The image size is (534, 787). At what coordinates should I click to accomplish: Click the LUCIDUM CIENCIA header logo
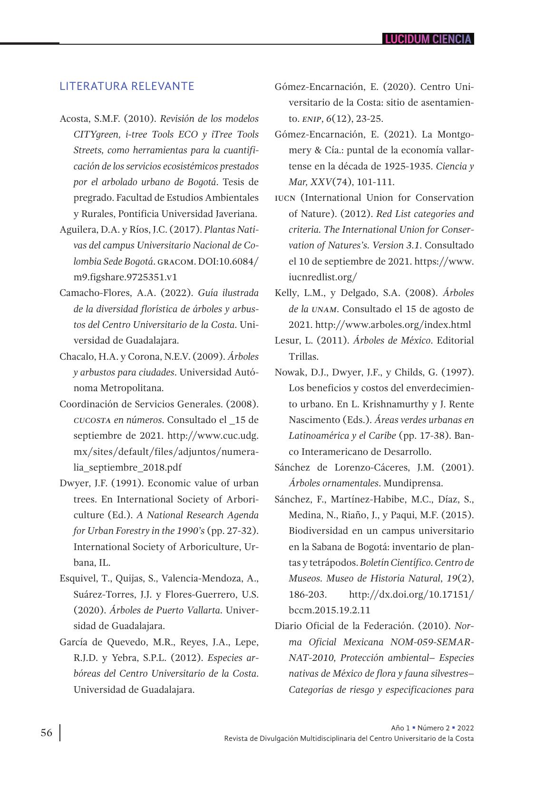tap(428, 39)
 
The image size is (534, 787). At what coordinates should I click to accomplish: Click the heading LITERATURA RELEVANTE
tap(127, 86)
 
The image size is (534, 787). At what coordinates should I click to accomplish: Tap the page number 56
tap(47, 733)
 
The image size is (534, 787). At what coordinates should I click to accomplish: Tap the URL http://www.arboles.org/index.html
tap(393, 325)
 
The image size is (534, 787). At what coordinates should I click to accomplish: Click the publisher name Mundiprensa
tap(413, 483)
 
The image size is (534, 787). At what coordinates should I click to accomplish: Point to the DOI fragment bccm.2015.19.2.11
tap(330, 610)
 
